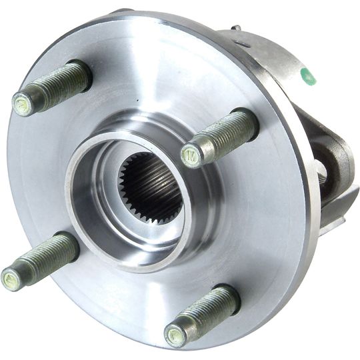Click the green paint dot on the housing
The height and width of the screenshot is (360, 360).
coord(308,77)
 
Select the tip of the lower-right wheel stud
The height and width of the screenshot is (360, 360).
coord(175,335)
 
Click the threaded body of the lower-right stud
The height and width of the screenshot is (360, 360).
coord(203,314)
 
